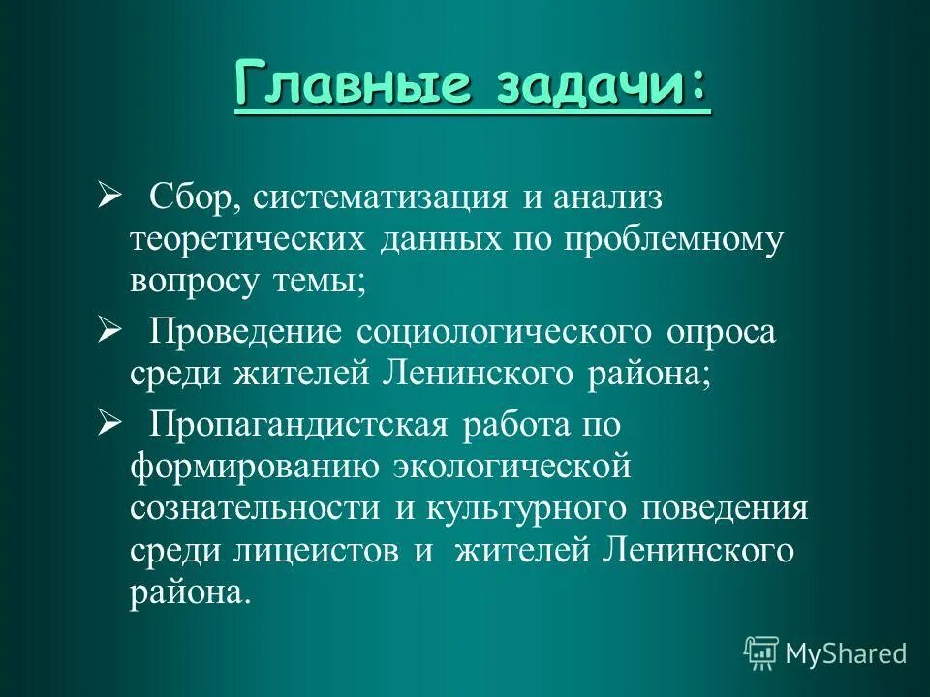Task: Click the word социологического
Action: tap(505, 331)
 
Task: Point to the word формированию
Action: tap(254, 466)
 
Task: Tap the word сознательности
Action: tap(254, 507)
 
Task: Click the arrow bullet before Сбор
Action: tap(108, 197)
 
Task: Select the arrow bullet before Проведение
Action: tap(108, 330)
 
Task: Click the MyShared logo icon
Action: tap(761, 652)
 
